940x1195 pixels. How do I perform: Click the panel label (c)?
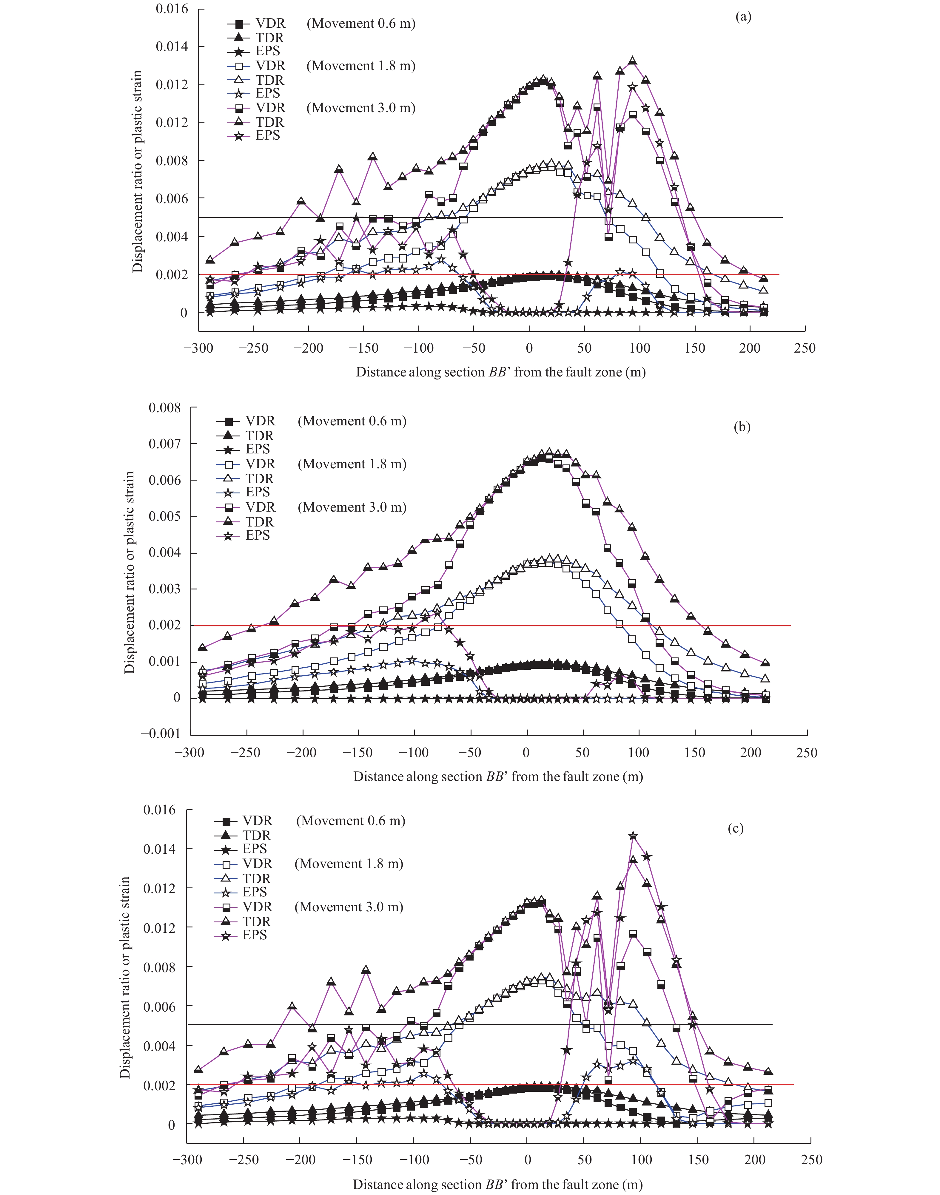735,829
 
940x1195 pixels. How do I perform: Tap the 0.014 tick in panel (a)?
171,47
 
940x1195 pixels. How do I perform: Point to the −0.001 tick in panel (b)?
161,734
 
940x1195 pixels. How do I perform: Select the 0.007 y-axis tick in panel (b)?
164,444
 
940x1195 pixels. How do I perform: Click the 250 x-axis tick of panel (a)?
805,348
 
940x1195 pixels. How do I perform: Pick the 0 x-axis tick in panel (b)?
526,753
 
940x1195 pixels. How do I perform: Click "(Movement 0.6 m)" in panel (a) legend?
360,24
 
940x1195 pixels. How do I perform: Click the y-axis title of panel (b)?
129,572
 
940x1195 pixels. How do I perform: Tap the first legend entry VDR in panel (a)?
270,24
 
